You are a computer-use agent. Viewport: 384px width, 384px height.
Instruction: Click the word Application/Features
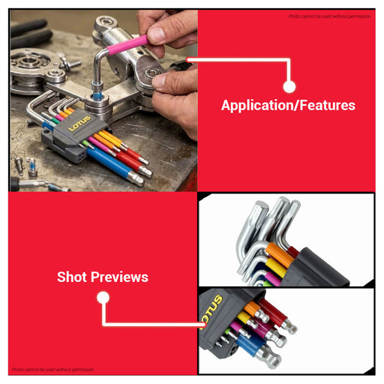tap(288, 105)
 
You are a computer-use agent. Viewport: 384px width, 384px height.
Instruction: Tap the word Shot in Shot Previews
tap(72, 277)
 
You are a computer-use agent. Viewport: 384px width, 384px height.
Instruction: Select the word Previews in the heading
tap(119, 277)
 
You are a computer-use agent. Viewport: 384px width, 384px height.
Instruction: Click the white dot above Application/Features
tap(289, 86)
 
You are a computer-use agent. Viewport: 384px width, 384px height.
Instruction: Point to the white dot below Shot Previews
tap(103, 298)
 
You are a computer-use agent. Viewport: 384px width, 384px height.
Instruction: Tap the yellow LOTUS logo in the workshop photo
tap(79, 123)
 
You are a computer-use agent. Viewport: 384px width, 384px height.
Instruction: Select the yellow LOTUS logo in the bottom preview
tap(212, 311)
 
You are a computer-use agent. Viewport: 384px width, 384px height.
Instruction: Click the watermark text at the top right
tap(329, 16)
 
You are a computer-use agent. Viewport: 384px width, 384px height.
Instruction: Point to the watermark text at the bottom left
tap(53, 369)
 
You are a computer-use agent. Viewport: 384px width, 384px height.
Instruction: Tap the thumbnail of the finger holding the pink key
tap(155, 34)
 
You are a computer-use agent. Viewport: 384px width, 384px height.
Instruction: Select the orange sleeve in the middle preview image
tap(279, 253)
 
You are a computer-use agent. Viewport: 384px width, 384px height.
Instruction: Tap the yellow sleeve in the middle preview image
tap(277, 268)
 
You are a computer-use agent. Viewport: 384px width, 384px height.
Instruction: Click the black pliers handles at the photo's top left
tap(30, 32)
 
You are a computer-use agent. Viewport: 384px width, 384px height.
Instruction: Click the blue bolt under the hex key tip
tap(96, 97)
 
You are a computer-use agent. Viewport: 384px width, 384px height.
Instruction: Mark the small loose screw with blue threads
tap(31, 167)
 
